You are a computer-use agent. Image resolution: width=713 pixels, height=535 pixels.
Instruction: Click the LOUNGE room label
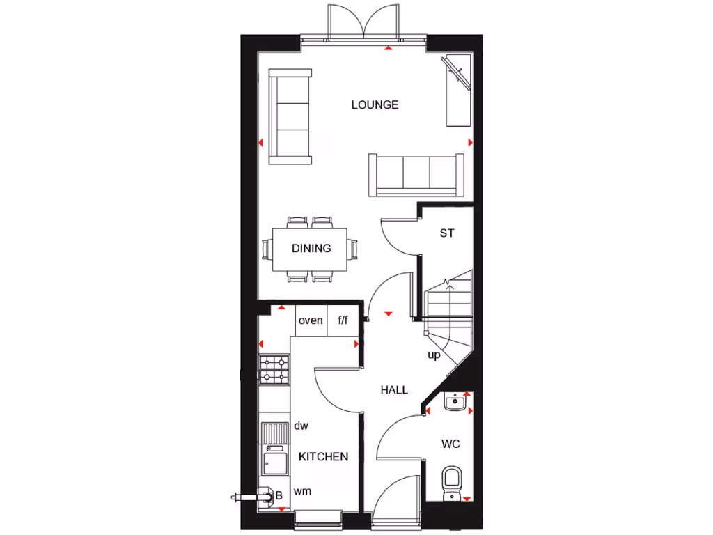375,105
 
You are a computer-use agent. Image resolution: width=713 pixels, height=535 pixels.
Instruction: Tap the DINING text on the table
311,249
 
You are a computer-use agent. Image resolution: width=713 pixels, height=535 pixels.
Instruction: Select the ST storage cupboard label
446,233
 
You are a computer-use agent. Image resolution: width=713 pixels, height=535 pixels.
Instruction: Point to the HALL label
394,391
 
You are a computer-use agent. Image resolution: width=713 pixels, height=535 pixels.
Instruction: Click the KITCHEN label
324,457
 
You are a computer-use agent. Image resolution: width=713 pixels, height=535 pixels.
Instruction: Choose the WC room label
450,444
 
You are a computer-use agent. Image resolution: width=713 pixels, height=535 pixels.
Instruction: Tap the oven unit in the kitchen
311,321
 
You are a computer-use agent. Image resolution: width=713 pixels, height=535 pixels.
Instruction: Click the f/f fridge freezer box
343,321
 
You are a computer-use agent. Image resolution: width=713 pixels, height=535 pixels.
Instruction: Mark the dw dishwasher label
301,426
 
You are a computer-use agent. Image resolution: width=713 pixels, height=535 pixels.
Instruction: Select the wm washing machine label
301,492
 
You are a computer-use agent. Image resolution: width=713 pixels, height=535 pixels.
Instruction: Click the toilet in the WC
452,481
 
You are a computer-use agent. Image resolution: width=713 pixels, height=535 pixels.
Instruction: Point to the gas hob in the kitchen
274,370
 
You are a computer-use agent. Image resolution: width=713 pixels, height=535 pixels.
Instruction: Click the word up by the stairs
434,356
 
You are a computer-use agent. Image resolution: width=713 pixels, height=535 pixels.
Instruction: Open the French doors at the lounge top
363,24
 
